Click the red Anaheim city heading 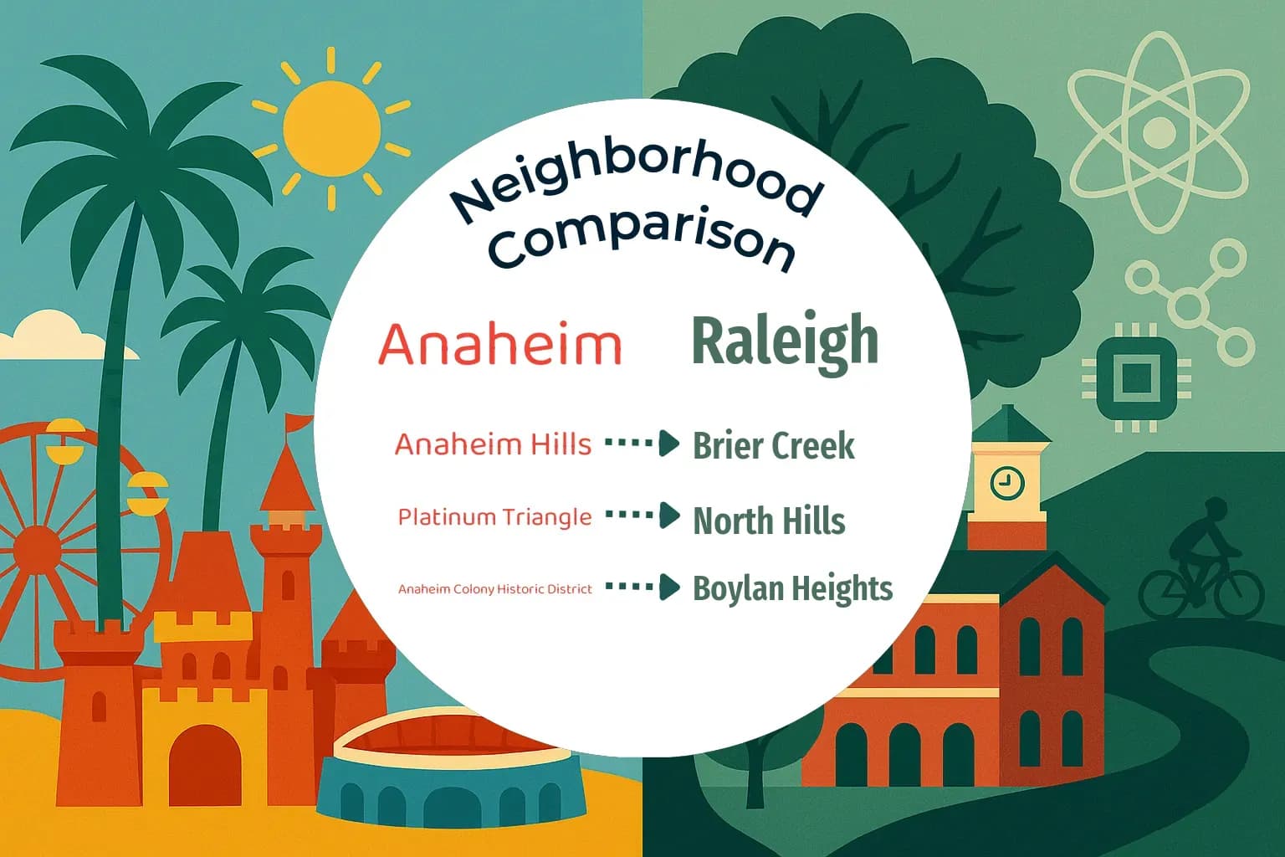(x=500, y=344)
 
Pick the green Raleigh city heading (x=786, y=341)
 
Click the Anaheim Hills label (x=493, y=444)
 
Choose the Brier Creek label (x=774, y=445)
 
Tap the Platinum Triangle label (x=494, y=517)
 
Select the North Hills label (x=769, y=521)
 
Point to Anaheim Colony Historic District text (x=494, y=589)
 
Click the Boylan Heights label (x=792, y=588)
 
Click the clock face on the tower (x=1006, y=482)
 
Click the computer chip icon (x=1135, y=377)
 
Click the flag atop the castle (x=299, y=423)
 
